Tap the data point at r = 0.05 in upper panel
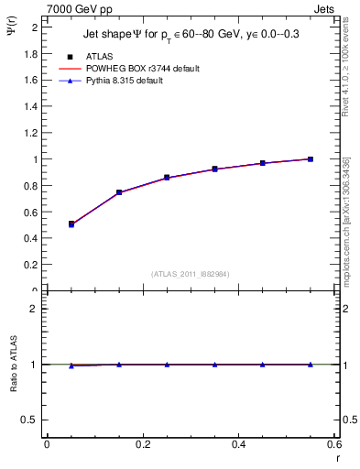pyautogui.click(x=71, y=224)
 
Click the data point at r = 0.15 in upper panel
pyautogui.click(x=119, y=192)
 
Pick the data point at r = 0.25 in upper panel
pyautogui.click(x=167, y=178)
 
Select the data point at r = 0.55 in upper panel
pyautogui.click(x=311, y=159)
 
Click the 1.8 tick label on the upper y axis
pyautogui.click(x=31, y=54)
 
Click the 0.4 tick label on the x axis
pyautogui.click(x=238, y=444)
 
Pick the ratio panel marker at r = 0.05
pyautogui.click(x=71, y=365)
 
